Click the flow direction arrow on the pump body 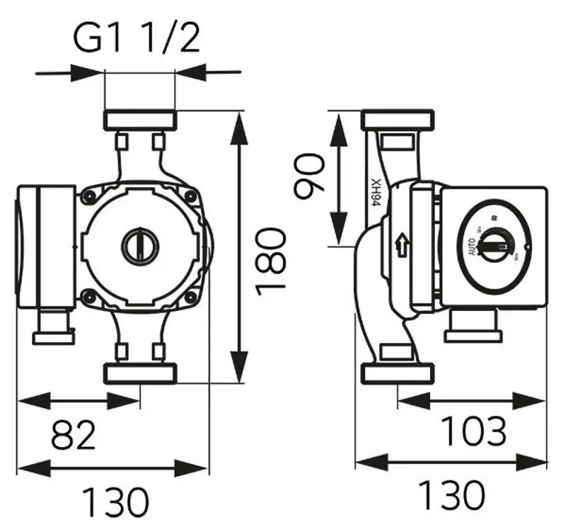[x=403, y=246]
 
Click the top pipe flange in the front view [x=139, y=119]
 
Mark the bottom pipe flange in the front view [x=139, y=373]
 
